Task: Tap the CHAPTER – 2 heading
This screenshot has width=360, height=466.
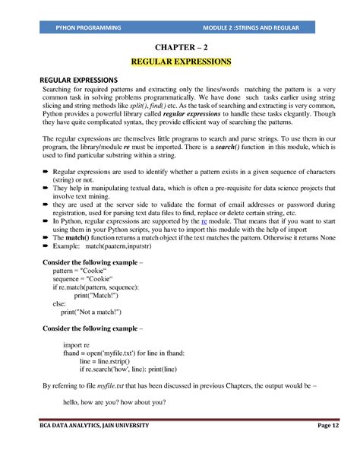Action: (181, 46)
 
